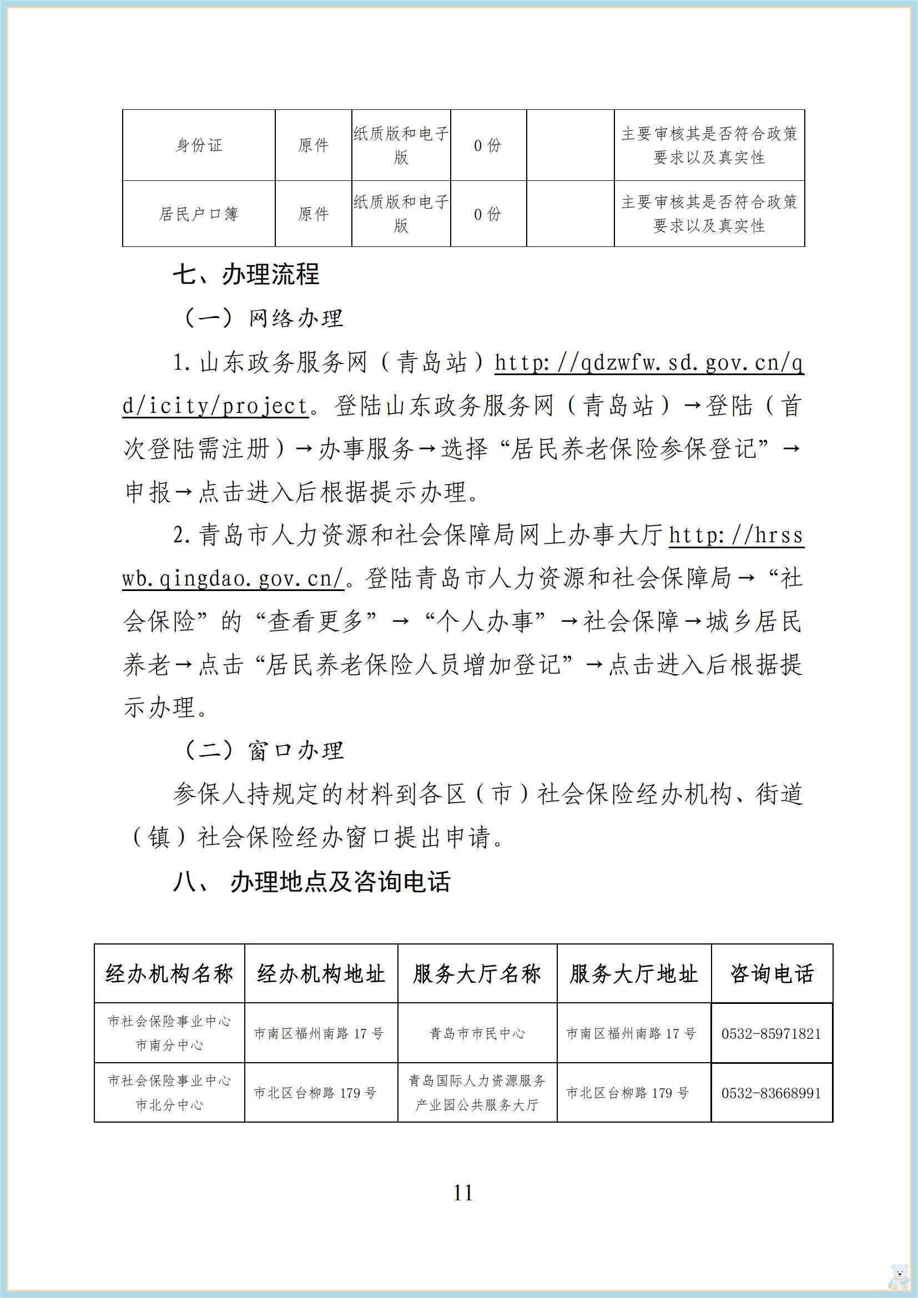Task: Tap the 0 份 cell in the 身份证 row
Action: (x=488, y=145)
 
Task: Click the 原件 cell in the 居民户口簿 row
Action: (x=313, y=214)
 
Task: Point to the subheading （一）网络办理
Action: (x=262, y=319)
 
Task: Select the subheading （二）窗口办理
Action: (x=262, y=750)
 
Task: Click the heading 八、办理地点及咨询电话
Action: (x=311, y=881)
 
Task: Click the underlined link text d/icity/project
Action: (x=215, y=406)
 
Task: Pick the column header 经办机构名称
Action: (x=169, y=973)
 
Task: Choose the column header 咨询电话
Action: (x=771, y=973)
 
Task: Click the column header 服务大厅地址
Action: (x=633, y=973)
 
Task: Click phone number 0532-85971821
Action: (x=771, y=1034)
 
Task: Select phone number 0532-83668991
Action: (x=771, y=1093)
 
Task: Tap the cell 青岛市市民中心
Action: (x=477, y=1034)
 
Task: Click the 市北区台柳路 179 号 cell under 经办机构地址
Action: (x=315, y=1093)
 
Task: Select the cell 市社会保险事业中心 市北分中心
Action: (x=169, y=1093)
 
